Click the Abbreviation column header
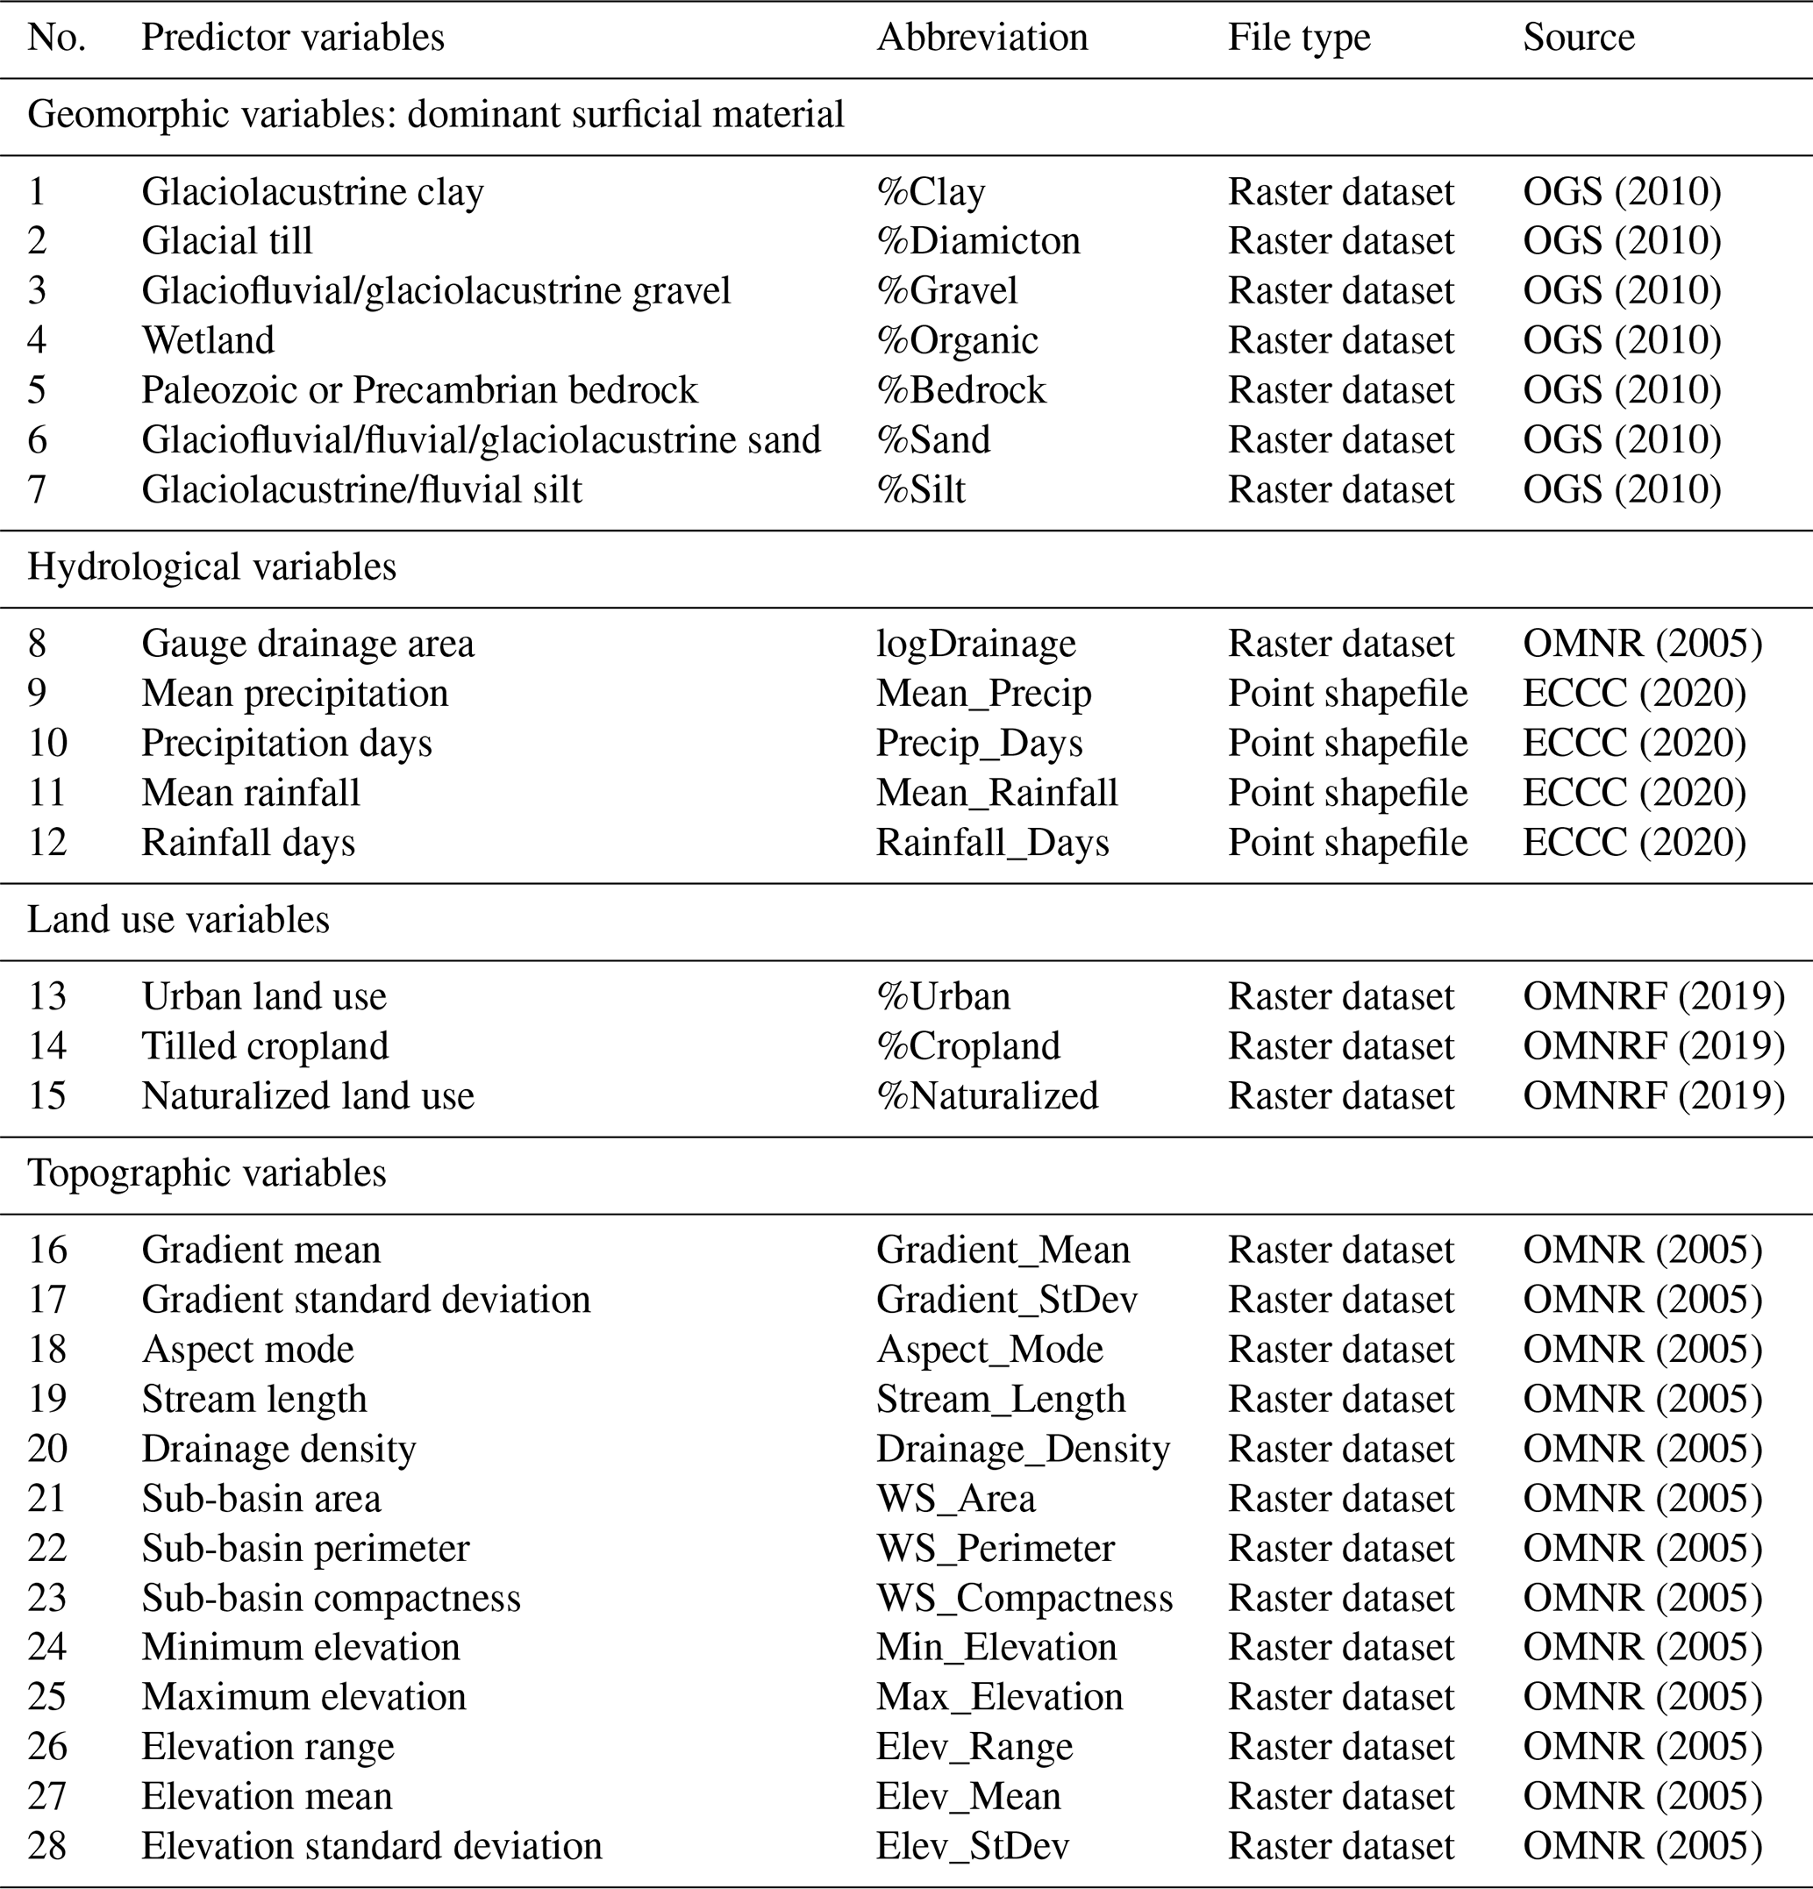pos(981,39)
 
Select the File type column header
pos(1298,39)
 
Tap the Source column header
pos(1578,39)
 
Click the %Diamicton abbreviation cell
pos(977,241)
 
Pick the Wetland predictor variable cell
pos(207,340)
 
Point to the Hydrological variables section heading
pos(211,567)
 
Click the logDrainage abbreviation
pos(975,644)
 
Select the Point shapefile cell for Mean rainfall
pos(1346,793)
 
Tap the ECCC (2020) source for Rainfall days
pos(1634,843)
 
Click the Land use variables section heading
pos(178,919)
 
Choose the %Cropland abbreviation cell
pos(967,1046)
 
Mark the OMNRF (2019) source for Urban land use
pos(1653,996)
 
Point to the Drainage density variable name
pos(279,1449)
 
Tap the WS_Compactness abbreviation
pos(1024,1598)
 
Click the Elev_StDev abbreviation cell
pos(972,1846)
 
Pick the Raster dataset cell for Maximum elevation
pos(1339,1697)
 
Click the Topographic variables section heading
pos(206,1173)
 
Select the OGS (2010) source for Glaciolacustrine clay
pos(1621,192)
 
